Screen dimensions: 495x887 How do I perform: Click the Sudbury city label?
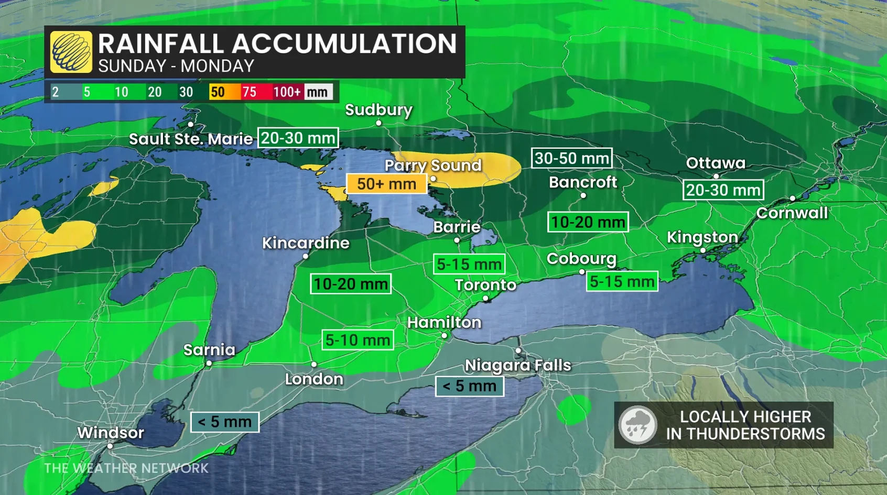point(378,110)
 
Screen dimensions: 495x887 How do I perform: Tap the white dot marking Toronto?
point(485,299)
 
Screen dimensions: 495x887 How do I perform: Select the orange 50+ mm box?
point(386,184)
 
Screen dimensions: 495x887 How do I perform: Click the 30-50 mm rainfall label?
point(571,158)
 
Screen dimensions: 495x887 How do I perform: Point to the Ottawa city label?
point(716,163)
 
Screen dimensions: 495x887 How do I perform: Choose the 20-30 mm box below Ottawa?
point(723,190)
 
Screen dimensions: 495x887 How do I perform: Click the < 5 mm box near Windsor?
point(224,422)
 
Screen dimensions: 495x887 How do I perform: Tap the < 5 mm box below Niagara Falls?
point(469,386)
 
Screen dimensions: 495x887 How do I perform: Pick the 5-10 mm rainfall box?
point(358,340)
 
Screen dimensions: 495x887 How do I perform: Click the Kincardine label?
point(306,243)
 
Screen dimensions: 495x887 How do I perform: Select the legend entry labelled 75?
point(250,92)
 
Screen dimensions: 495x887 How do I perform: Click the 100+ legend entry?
point(287,92)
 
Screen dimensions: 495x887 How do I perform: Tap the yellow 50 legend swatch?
point(218,92)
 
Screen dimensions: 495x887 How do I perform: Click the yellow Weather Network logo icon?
point(71,52)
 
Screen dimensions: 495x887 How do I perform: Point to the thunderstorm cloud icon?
point(637,425)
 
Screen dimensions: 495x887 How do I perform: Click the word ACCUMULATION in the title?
point(344,43)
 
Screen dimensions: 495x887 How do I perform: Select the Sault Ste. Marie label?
point(191,139)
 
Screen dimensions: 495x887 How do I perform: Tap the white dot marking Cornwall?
point(793,199)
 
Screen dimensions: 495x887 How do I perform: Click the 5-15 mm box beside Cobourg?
point(622,281)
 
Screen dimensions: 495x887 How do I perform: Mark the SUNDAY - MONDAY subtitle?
point(176,66)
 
